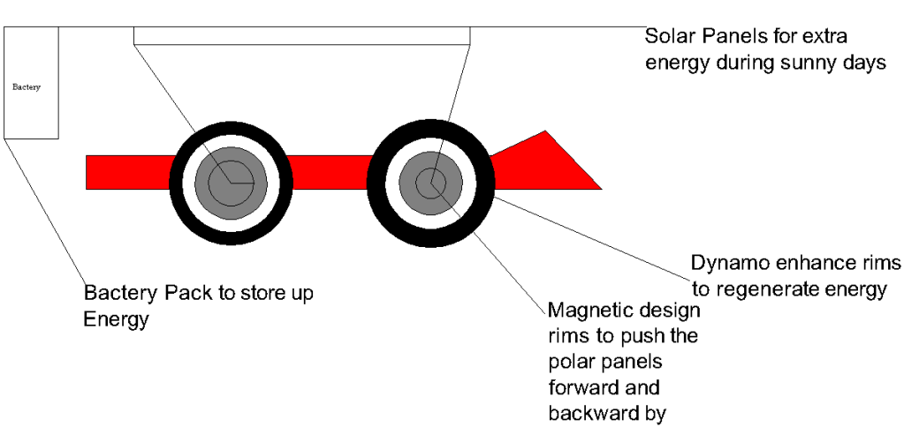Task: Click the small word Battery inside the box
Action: tap(26, 87)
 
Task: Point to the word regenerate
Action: tap(764, 289)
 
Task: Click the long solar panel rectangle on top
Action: tap(301, 35)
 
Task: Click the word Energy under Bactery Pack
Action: tap(115, 318)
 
